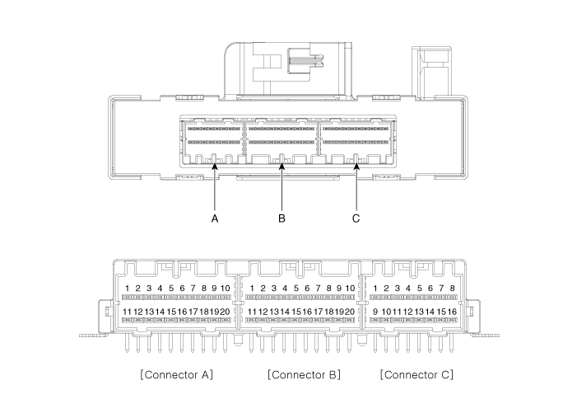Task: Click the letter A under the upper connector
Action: coord(214,219)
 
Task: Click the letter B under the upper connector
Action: coord(282,219)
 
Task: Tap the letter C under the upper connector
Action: coord(356,219)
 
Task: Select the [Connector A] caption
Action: coord(177,374)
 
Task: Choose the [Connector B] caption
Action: coord(304,374)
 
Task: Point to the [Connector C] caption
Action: coord(416,374)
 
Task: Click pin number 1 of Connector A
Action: coord(127,289)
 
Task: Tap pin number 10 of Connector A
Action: coord(225,289)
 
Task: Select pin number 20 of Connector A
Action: coord(224,312)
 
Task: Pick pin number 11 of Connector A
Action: coord(127,312)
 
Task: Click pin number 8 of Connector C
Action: coord(452,289)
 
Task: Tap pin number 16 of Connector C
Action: coord(451,312)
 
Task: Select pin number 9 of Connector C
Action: coord(375,312)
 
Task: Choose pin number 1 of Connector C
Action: coord(375,289)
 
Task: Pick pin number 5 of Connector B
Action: coord(295,289)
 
